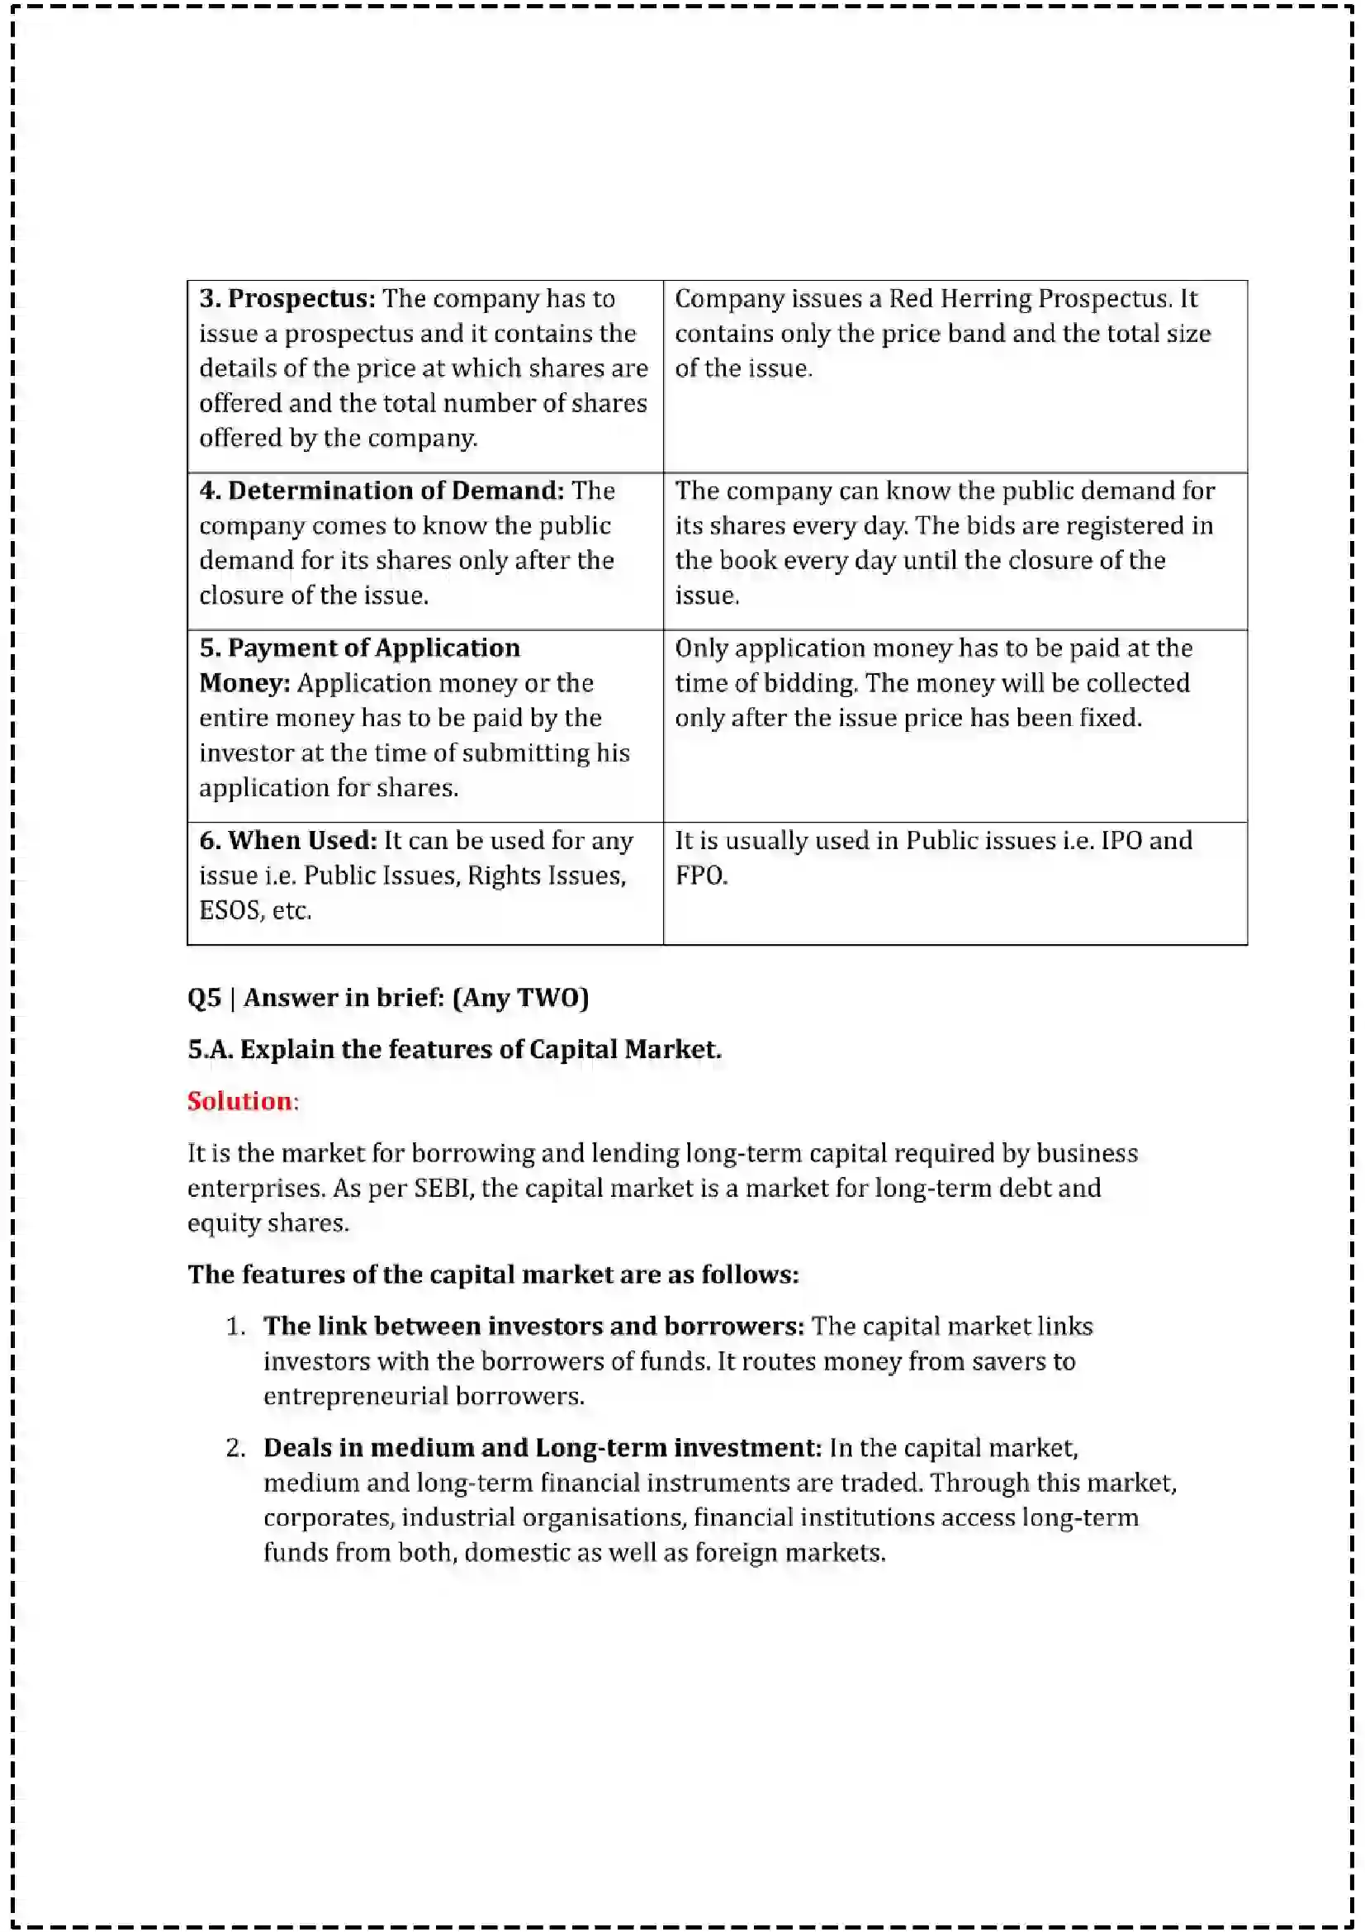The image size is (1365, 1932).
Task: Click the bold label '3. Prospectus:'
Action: [x=287, y=299]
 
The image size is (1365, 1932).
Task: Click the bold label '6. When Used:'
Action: [x=287, y=841]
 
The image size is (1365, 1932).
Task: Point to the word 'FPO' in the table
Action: [x=699, y=876]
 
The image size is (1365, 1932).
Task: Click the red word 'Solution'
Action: [x=239, y=1102]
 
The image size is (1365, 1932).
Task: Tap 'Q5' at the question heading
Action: [x=204, y=998]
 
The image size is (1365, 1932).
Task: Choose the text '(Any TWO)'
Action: [x=520, y=998]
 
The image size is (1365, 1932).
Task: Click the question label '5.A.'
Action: [x=210, y=1049]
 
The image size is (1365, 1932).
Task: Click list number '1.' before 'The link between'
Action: [x=235, y=1327]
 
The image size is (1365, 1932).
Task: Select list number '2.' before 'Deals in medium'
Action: [x=235, y=1448]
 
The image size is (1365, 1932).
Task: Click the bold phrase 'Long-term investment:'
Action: [x=678, y=1448]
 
